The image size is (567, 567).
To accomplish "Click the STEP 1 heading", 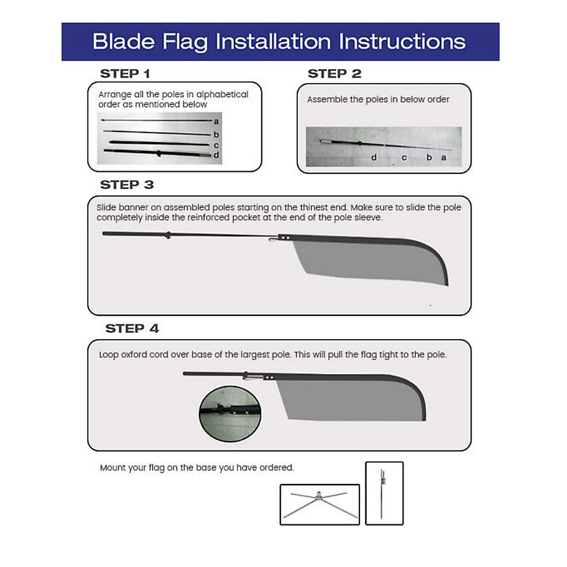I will click(x=125, y=74).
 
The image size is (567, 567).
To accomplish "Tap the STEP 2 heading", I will click(x=334, y=74).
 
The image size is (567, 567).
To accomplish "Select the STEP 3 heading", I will click(x=127, y=185).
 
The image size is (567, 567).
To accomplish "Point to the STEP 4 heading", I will click(x=132, y=328).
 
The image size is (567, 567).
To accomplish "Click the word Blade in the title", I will click(x=123, y=42).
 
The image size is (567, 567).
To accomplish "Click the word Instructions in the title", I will click(x=402, y=42).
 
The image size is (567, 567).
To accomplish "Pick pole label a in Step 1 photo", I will click(x=216, y=121).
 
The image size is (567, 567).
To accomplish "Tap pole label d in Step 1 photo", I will click(x=216, y=155).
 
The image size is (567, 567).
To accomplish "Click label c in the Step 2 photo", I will click(x=404, y=158).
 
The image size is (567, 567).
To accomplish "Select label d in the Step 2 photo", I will click(x=374, y=158).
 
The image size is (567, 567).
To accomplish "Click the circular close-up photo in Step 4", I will click(x=230, y=414).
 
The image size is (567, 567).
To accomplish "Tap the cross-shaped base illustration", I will click(x=320, y=504).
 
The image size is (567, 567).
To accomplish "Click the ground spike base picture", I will click(x=384, y=493).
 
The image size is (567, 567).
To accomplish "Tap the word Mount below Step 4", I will click(x=113, y=468).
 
